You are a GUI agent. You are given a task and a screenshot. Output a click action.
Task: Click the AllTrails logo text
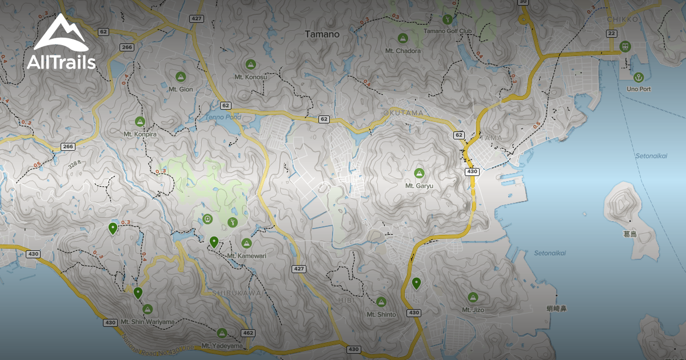(x=61, y=62)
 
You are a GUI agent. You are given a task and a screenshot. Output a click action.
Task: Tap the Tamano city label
(x=322, y=34)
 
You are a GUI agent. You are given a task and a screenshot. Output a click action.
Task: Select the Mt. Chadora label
(x=403, y=51)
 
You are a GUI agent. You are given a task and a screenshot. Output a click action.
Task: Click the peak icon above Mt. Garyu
(x=419, y=173)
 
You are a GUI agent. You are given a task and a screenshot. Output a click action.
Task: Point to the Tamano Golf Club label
(x=446, y=31)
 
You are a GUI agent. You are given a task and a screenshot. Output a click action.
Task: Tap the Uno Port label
(x=638, y=89)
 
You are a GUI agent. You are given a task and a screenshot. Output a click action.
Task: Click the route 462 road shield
(x=248, y=333)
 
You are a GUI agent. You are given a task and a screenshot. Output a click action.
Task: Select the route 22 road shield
(x=611, y=34)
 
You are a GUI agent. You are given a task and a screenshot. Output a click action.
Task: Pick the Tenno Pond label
(x=223, y=117)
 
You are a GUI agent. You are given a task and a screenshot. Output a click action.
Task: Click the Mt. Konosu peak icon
(x=250, y=64)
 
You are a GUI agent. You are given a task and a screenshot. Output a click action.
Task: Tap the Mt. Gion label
(x=181, y=89)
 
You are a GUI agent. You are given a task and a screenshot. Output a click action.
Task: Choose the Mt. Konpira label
(x=140, y=134)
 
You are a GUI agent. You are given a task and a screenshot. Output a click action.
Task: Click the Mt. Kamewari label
(x=246, y=255)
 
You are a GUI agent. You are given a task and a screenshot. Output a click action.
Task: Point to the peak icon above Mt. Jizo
(x=473, y=297)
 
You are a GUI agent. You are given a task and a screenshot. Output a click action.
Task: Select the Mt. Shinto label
(x=381, y=314)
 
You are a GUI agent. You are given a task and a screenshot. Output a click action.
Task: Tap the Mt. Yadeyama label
(x=222, y=346)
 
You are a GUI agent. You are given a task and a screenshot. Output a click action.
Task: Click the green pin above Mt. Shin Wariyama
(x=138, y=293)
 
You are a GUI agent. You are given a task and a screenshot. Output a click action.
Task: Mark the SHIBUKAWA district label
(x=237, y=293)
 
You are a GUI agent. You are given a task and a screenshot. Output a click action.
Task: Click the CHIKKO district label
(x=623, y=19)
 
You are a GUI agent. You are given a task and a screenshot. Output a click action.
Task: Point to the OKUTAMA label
(x=404, y=113)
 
